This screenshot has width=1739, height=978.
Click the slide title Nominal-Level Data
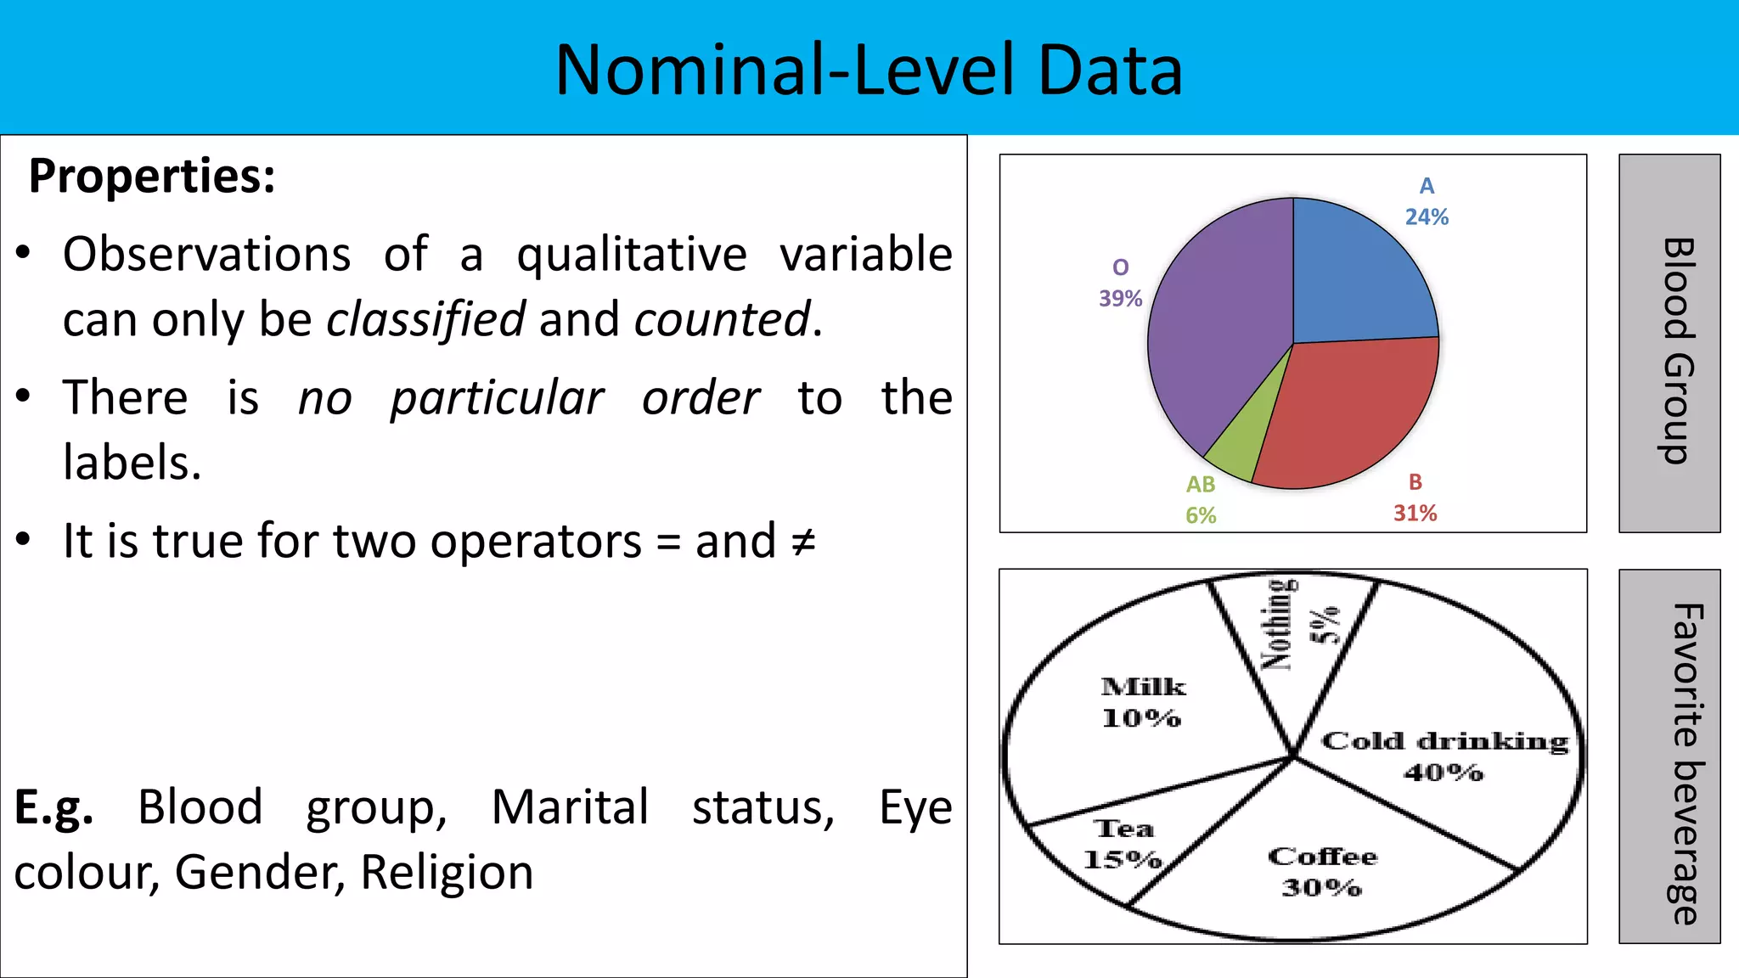point(869,70)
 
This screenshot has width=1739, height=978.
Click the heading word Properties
point(151,177)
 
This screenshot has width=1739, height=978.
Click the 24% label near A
point(1427,217)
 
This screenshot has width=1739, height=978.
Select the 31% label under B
point(1415,513)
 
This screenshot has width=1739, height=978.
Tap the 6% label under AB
point(1201,515)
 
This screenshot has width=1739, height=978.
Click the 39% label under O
point(1120,299)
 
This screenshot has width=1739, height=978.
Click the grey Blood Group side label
point(1669,344)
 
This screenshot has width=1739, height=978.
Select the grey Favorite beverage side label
point(1669,756)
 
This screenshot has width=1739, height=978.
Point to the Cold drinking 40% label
point(1444,756)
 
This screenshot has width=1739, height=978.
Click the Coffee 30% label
point(1322,871)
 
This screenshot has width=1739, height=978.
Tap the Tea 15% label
point(1123,844)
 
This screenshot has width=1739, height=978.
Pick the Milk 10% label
point(1142,702)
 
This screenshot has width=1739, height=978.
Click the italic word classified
point(426,320)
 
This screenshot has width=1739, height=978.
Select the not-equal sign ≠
point(802,542)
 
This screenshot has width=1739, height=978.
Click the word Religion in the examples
point(447,873)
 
